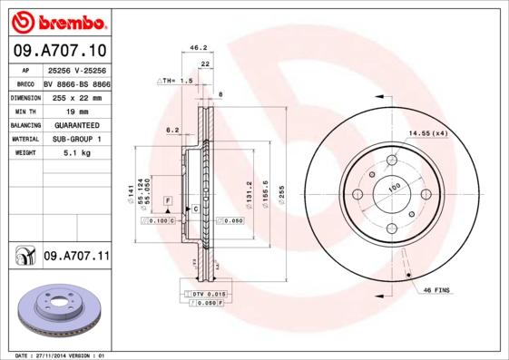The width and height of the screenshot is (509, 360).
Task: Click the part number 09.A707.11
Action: click(x=76, y=257)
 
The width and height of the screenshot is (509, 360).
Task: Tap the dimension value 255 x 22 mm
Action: click(x=76, y=96)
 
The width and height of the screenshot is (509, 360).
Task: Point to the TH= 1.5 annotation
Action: click(x=178, y=81)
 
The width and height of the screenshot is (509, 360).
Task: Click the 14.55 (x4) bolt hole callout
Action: click(x=427, y=133)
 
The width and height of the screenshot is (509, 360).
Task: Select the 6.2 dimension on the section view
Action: click(x=171, y=131)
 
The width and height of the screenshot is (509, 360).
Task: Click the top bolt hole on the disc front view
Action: click(x=392, y=161)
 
